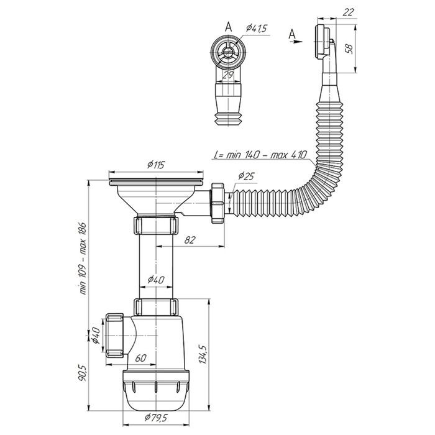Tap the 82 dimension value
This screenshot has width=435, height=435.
190,238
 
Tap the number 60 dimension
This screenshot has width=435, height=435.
140,359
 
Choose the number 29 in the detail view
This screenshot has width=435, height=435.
229,75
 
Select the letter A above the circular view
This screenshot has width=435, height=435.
228,26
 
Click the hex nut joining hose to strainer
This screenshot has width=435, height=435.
219,201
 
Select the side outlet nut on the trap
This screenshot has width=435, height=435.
117,334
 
